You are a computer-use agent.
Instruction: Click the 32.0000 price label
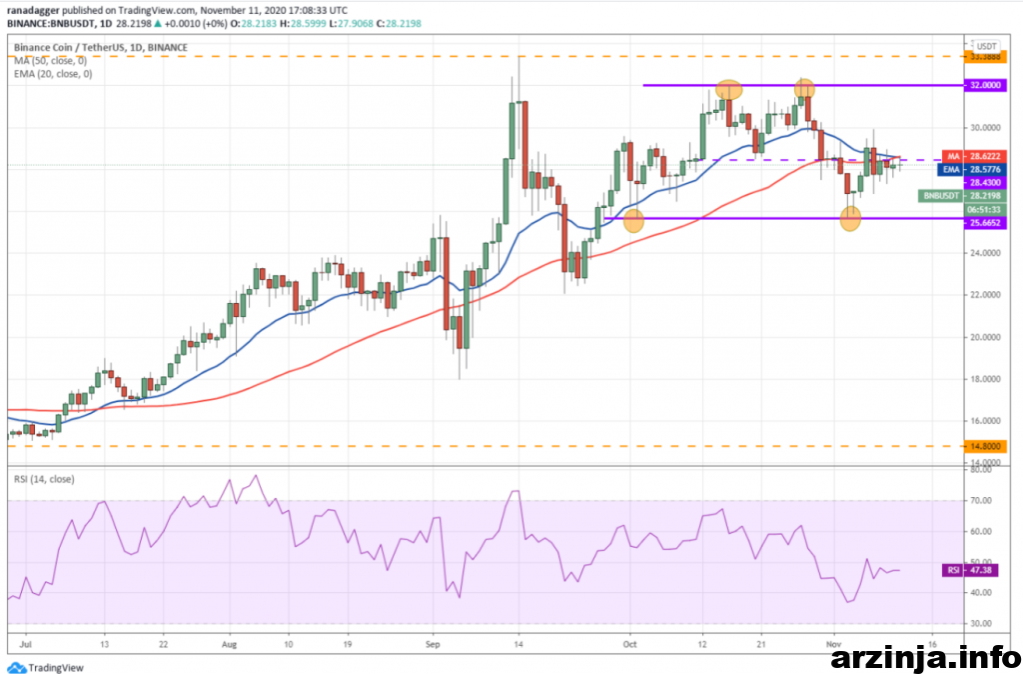[x=985, y=86]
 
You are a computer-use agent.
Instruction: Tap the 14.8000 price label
[x=985, y=446]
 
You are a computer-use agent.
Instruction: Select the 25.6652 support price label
[x=985, y=224]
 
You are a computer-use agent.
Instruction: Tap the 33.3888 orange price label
[x=985, y=57]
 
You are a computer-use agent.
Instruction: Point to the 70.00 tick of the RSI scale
[x=981, y=500]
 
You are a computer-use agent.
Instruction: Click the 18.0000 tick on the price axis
[x=984, y=380]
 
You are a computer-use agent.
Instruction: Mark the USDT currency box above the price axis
[x=987, y=46]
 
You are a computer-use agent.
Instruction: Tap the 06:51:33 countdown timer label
[x=985, y=211]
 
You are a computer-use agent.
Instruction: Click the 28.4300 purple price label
[x=985, y=183]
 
